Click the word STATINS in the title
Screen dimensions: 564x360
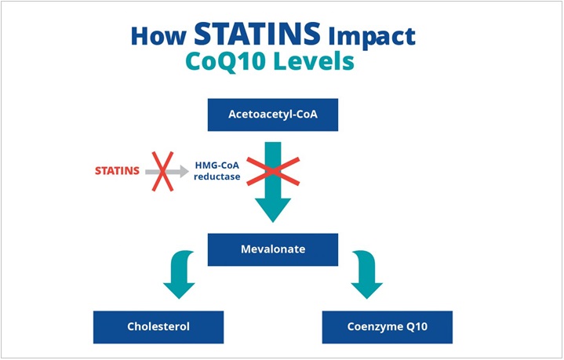coord(257,34)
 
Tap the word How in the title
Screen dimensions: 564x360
coord(158,36)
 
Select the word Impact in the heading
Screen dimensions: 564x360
coord(372,38)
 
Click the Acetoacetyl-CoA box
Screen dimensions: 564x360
coord(273,115)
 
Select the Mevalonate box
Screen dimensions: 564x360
coord(273,249)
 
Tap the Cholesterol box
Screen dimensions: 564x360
coord(158,327)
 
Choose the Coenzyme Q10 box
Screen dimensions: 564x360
coord(388,327)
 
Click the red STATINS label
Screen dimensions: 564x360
coord(117,171)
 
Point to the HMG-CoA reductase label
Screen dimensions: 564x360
coord(217,171)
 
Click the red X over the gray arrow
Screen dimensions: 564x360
coord(162,171)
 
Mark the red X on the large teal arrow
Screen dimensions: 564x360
coord(273,172)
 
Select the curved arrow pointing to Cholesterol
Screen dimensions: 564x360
coord(180,273)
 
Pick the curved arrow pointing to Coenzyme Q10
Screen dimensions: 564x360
coord(366,273)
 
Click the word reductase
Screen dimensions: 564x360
coord(217,176)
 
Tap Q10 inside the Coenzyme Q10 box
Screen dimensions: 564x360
coord(417,327)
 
